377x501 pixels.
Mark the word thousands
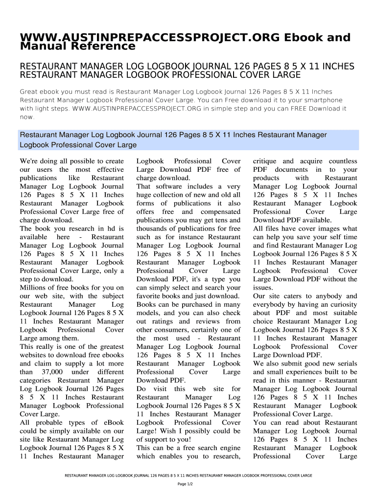(x=153, y=228)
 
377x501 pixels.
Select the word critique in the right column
(x=264, y=161)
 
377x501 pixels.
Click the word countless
(x=343, y=161)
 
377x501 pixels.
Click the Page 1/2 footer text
(x=188, y=484)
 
